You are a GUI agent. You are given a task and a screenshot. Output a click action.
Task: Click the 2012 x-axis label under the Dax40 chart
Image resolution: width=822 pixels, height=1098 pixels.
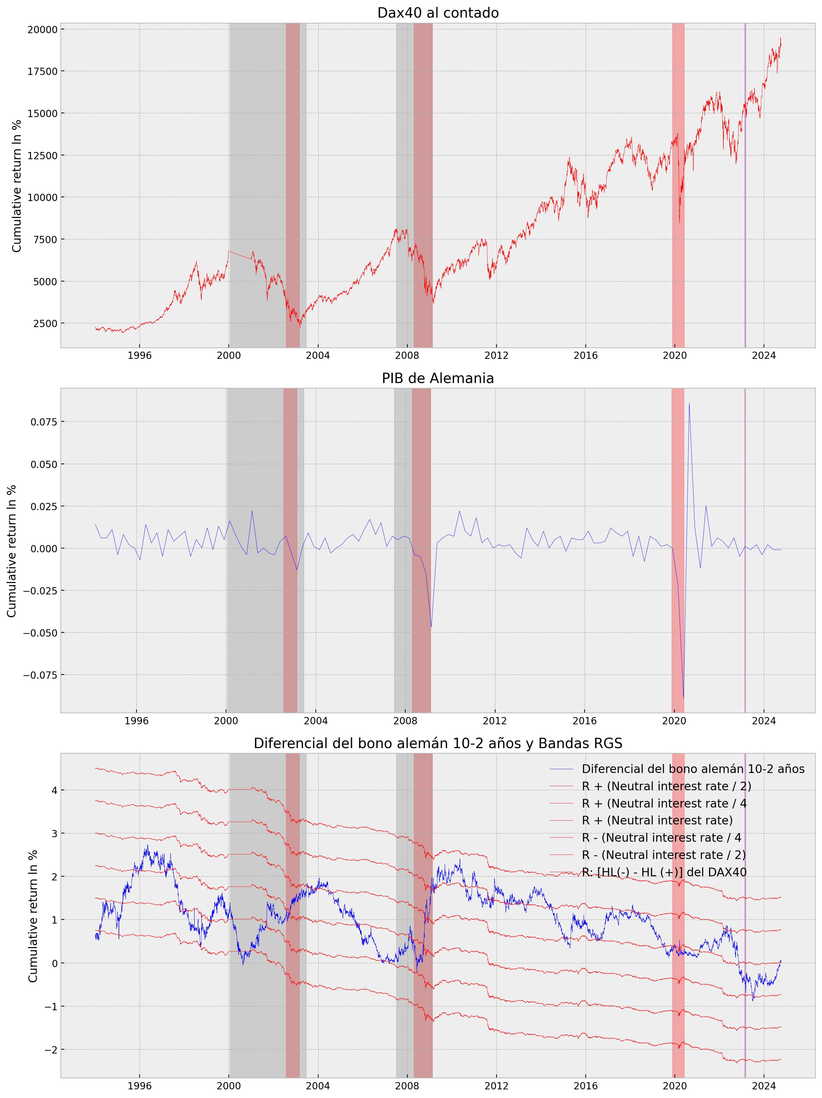tap(496, 355)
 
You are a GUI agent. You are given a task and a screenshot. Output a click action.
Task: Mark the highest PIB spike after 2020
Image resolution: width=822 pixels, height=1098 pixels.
tap(689, 403)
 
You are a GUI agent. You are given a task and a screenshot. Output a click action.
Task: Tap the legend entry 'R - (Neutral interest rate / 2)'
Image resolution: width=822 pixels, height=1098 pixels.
tap(663, 855)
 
